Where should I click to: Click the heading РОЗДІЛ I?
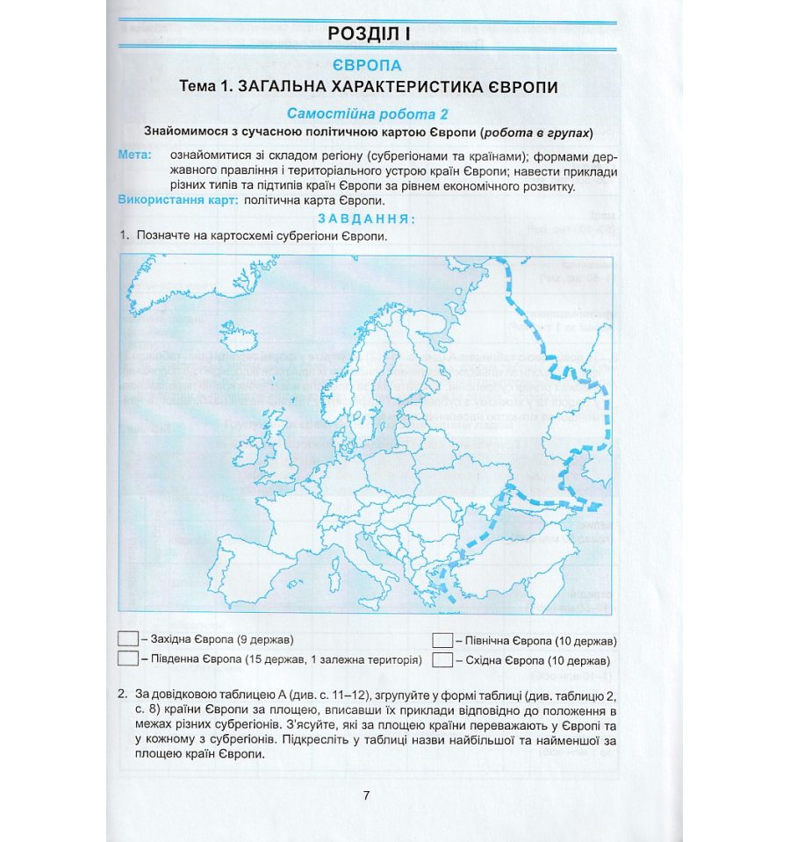pos(368,34)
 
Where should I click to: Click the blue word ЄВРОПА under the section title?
pos(368,66)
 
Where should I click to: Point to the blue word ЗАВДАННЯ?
pos(367,219)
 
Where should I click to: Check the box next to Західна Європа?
pos(127,638)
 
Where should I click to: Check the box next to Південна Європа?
pos(127,658)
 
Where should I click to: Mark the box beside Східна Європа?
pos(442,658)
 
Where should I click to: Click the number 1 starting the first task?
pos(125,236)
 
